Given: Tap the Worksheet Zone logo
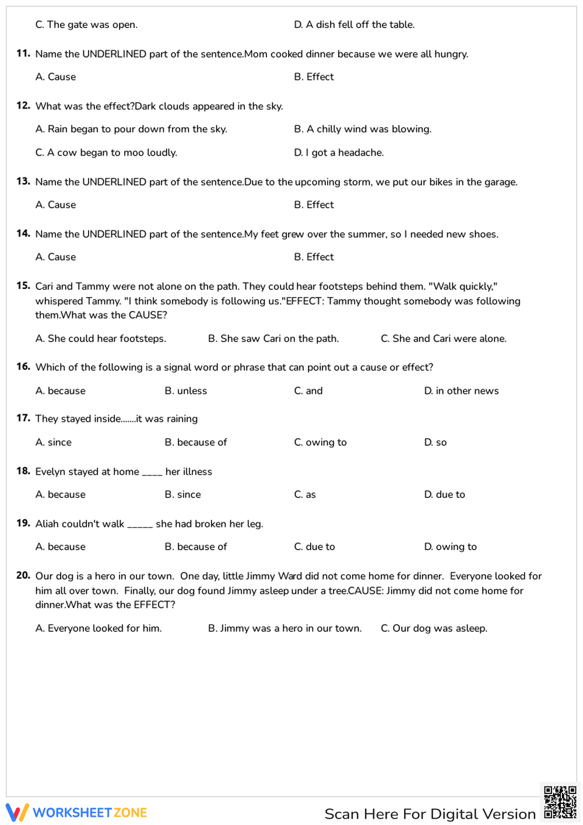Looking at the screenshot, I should coord(76,812).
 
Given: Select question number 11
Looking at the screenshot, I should coord(23,54).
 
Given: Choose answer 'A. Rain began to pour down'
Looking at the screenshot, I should coord(131,129).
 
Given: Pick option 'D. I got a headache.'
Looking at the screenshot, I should coord(339,152).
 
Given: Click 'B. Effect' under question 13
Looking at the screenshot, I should coord(314,205).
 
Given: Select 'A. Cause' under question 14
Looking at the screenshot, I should coord(55,257).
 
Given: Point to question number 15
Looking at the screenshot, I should coord(23,286).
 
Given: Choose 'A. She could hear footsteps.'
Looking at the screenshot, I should coord(100,338).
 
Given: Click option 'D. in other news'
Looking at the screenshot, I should coord(461,391).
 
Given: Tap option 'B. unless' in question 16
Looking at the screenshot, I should coord(185,391).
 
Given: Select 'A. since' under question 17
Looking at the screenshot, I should coord(53,442).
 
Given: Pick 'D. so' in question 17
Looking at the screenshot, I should coord(435,442).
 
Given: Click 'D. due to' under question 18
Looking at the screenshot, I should coord(444,494).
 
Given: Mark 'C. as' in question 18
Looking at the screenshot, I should coord(305,494).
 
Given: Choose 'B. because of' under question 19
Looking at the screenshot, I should coord(195,547).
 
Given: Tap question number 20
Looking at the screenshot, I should coord(23,575).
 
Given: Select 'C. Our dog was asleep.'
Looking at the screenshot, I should coord(434,628).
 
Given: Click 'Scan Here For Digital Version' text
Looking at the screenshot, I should coord(430,814).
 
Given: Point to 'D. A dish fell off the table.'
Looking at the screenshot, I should coord(354,25).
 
